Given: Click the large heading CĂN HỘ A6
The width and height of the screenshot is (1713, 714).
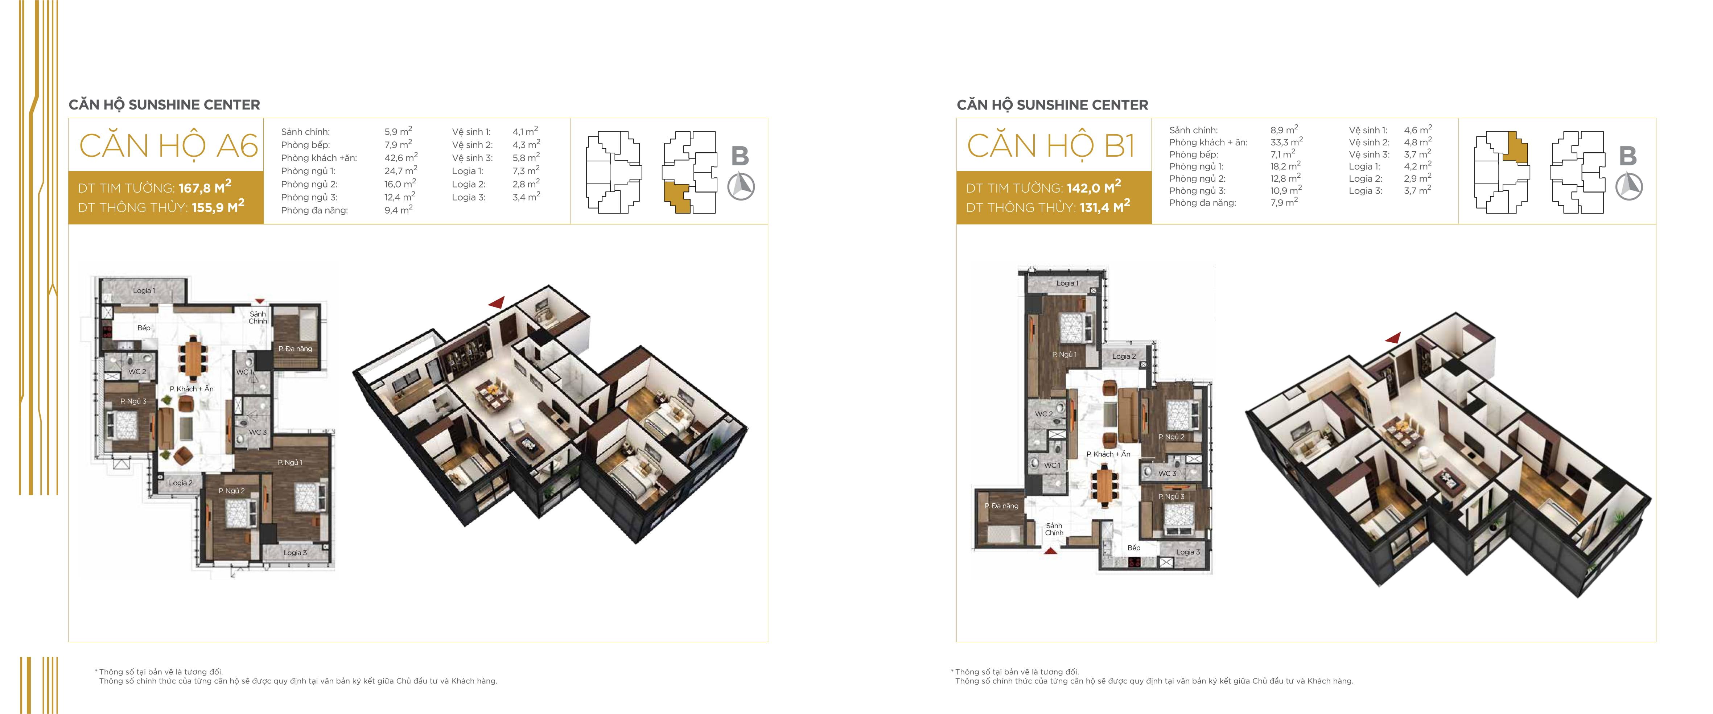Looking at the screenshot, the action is [168, 146].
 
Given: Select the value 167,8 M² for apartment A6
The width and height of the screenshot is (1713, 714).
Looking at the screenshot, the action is [205, 187].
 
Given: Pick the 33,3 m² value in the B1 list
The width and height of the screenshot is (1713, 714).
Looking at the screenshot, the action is [1286, 142].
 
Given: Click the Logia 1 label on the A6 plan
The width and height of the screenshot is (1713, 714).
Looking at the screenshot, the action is [144, 290].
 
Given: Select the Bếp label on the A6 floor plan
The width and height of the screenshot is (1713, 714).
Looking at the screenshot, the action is [144, 328].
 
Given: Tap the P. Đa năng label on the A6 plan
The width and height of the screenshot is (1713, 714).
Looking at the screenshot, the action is [295, 349].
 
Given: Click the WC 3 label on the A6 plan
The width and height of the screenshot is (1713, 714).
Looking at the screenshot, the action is [258, 432].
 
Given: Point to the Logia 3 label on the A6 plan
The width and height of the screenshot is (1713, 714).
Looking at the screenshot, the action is [295, 553].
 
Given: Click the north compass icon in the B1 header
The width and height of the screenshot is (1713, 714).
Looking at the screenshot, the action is [1628, 186].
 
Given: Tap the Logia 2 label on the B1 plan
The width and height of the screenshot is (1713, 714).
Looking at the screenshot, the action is [1124, 356].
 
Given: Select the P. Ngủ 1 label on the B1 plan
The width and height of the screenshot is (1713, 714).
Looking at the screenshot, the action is [1064, 354].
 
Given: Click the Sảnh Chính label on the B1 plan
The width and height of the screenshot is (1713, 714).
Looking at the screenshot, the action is [1054, 529].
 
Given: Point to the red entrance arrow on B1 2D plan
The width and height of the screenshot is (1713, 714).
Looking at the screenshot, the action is [1051, 550].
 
